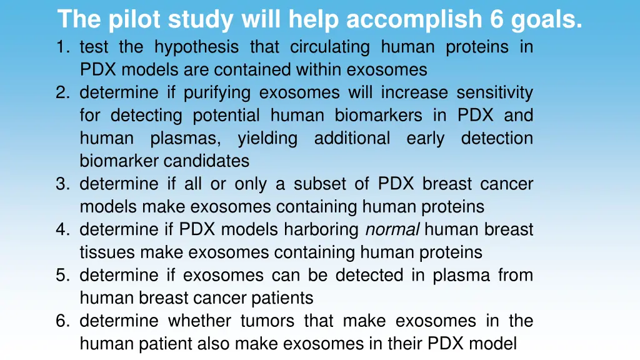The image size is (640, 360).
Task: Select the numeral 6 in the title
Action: pos(497,20)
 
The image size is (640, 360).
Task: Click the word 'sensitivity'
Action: pos(494,92)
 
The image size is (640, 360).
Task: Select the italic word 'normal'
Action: pos(392,229)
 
